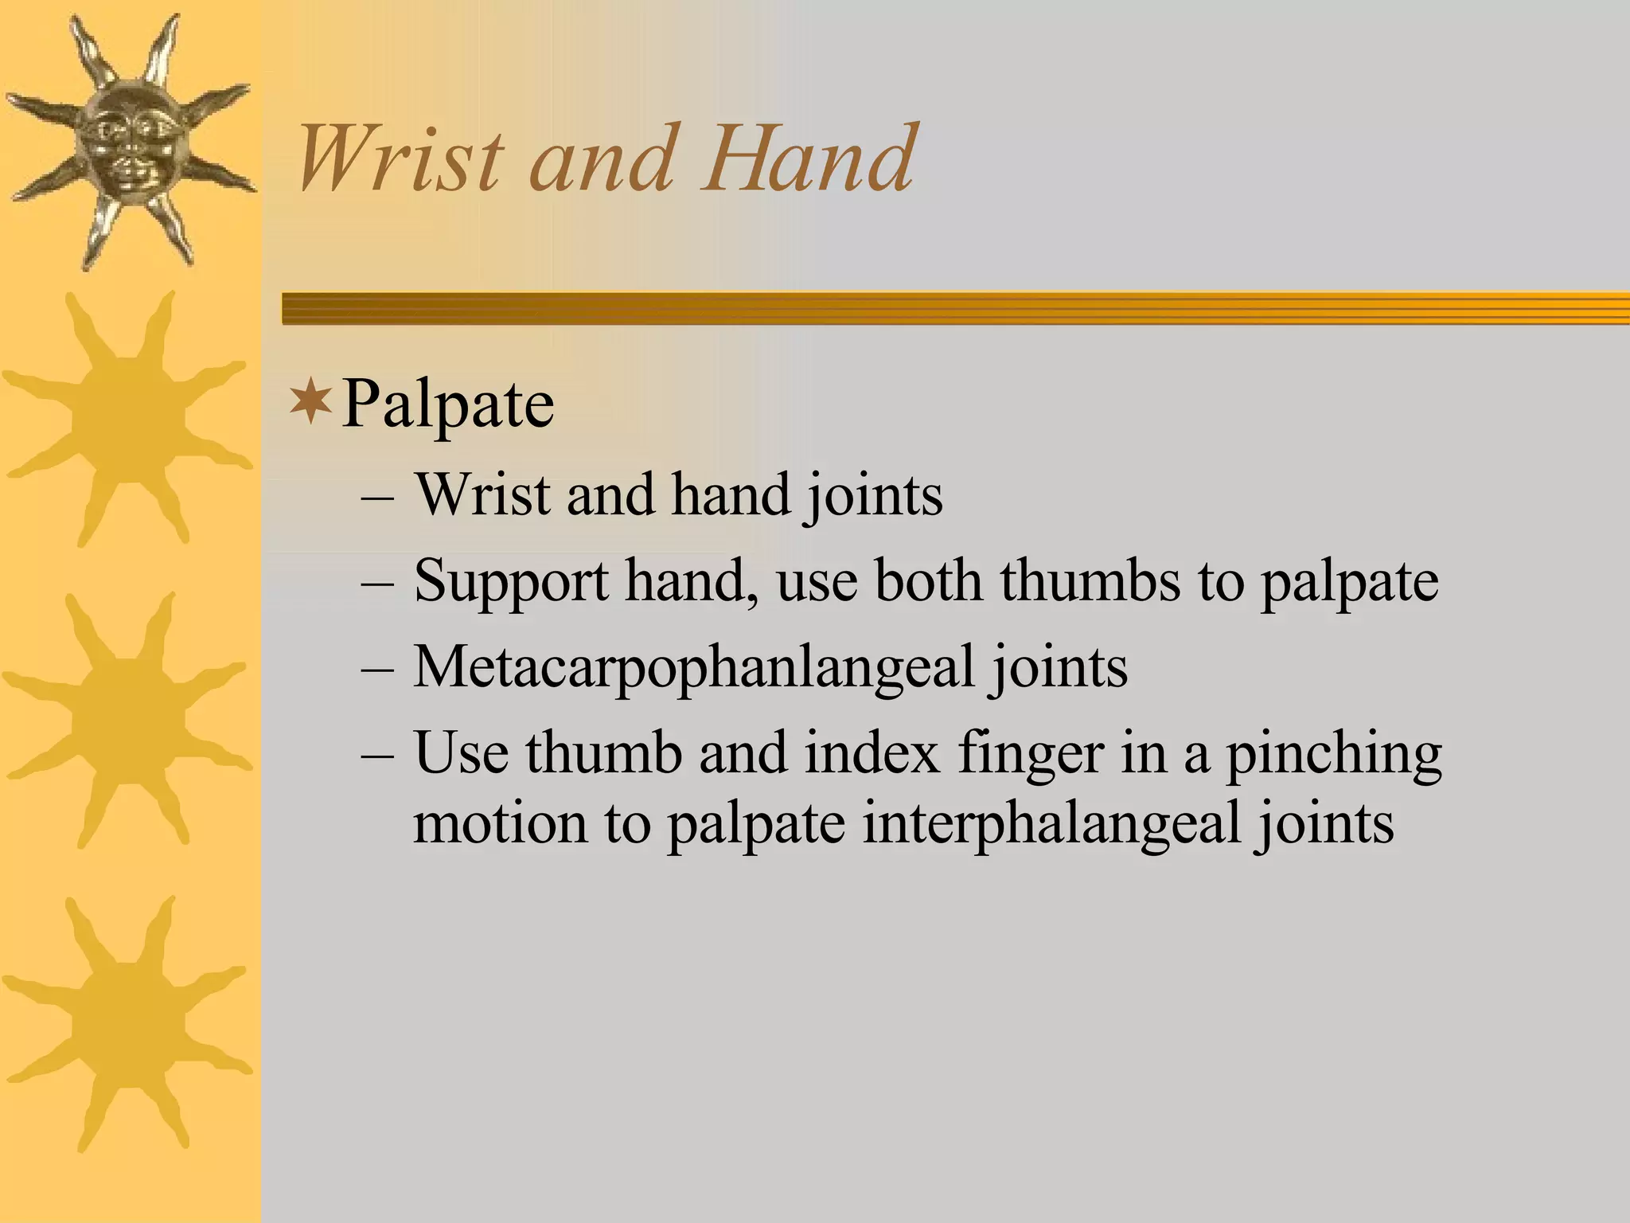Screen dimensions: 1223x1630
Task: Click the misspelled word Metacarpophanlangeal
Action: [x=693, y=667]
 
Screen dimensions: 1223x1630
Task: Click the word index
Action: [x=872, y=752]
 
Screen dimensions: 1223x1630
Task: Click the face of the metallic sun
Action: [x=127, y=143]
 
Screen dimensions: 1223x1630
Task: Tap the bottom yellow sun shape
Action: [x=127, y=1023]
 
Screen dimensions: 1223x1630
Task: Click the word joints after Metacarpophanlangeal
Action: [x=1059, y=667]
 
